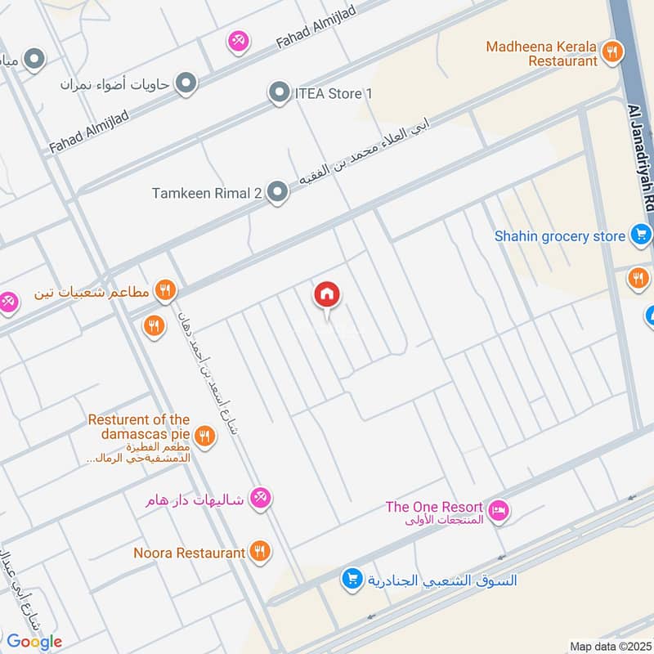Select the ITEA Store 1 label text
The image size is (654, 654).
click(333, 93)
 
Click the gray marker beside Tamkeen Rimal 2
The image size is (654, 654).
click(279, 193)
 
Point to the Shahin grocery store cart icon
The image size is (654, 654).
click(640, 236)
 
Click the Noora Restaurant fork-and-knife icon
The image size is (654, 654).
click(260, 553)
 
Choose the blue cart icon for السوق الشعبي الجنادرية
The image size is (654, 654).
click(352, 580)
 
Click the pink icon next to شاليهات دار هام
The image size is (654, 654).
click(260, 498)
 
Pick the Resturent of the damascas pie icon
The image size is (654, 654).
click(204, 437)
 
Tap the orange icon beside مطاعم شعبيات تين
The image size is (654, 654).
click(165, 290)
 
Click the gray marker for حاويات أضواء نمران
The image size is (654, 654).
click(187, 83)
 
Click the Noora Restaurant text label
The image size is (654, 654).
click(190, 553)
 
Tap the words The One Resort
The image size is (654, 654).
click(434, 507)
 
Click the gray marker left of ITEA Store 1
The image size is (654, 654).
click(280, 93)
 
